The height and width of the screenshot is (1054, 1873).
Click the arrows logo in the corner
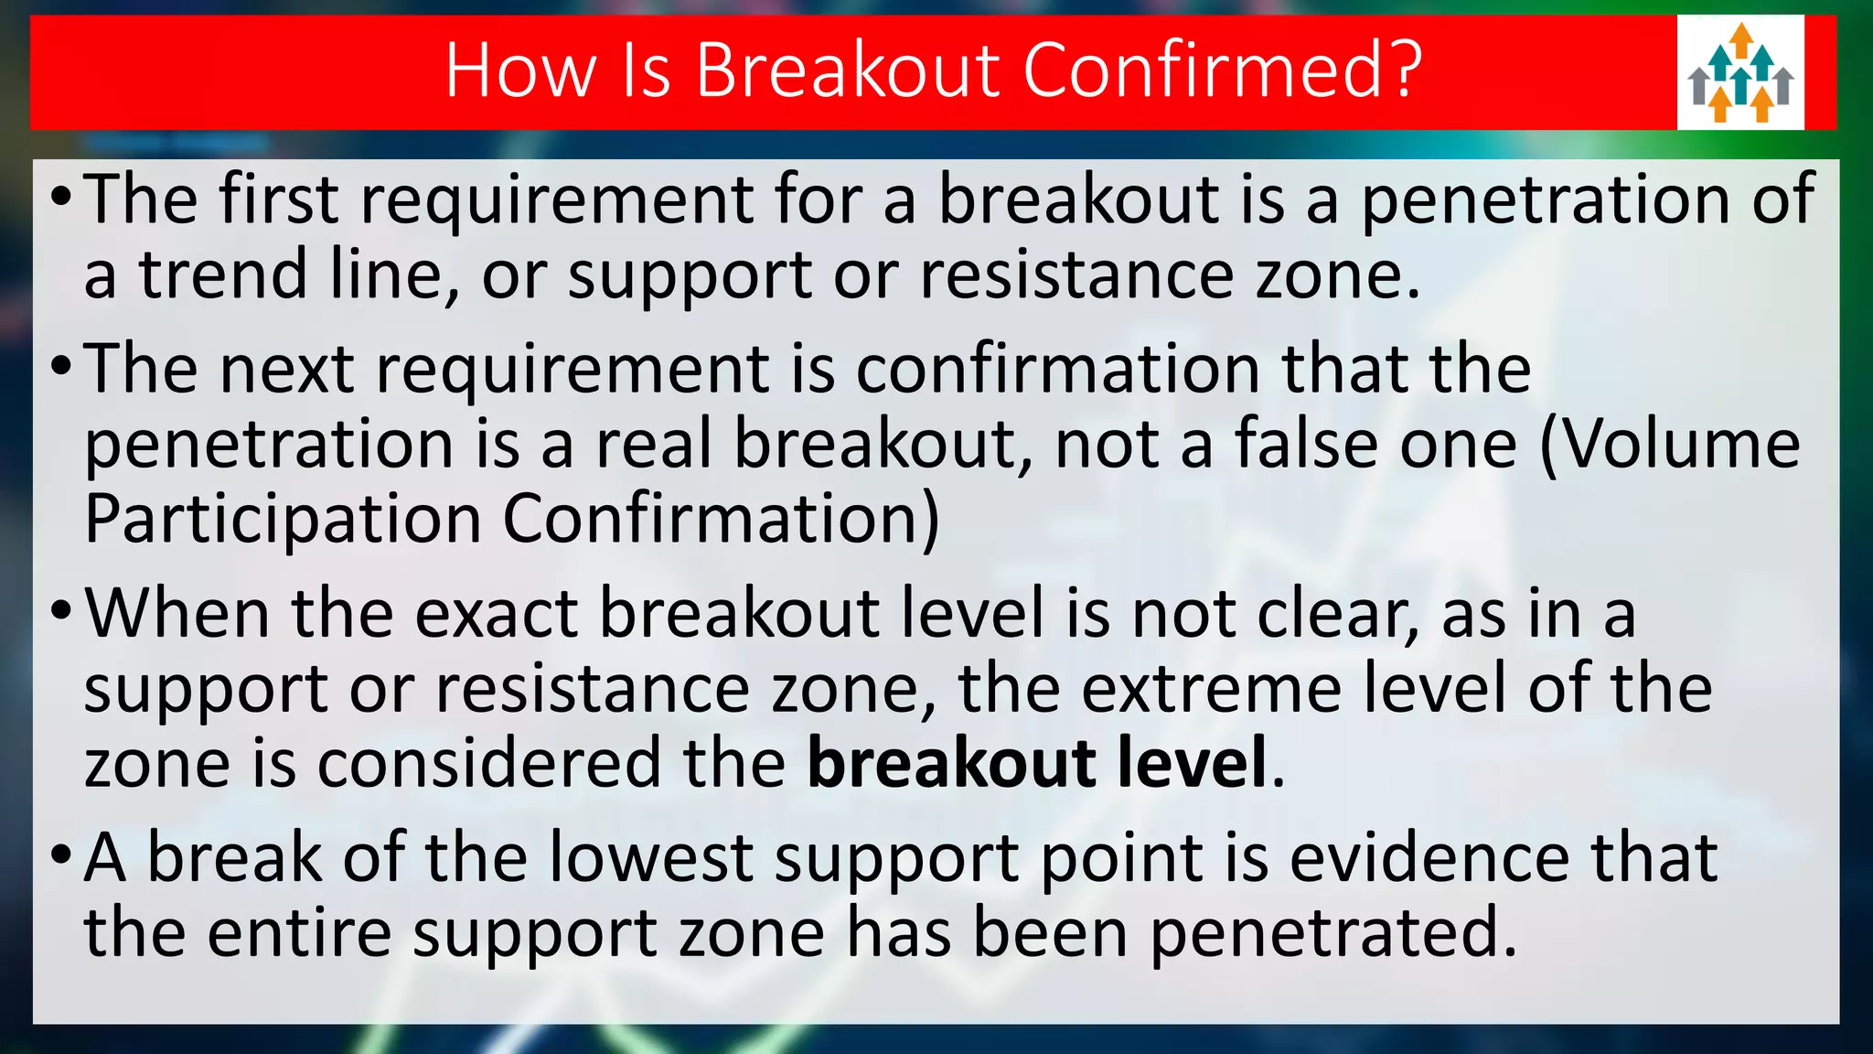(1740, 72)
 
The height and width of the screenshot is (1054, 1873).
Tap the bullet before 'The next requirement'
(60, 366)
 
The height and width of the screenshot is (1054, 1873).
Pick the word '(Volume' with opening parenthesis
(1671, 445)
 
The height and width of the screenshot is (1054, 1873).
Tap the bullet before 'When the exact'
(60, 611)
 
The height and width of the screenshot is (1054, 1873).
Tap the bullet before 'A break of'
(60, 855)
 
